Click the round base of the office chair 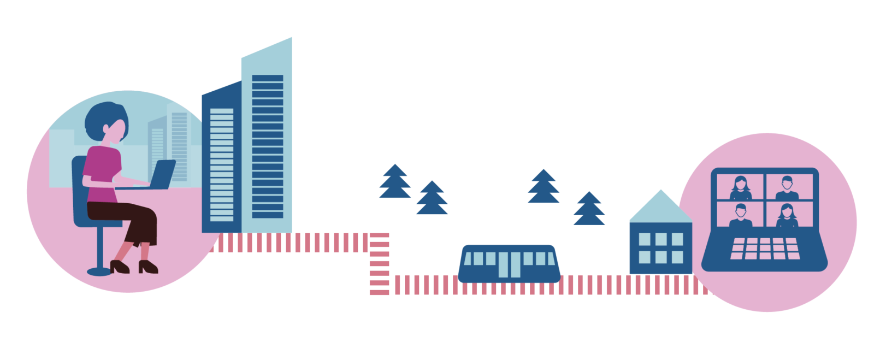[x=99, y=270]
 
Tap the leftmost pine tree [x=395, y=183]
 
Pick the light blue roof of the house [x=660, y=208]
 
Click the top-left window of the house [x=645, y=239]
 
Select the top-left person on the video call [x=740, y=187]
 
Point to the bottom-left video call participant [x=740, y=215]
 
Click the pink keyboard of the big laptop [x=765, y=249]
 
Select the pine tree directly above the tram [x=544, y=187]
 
